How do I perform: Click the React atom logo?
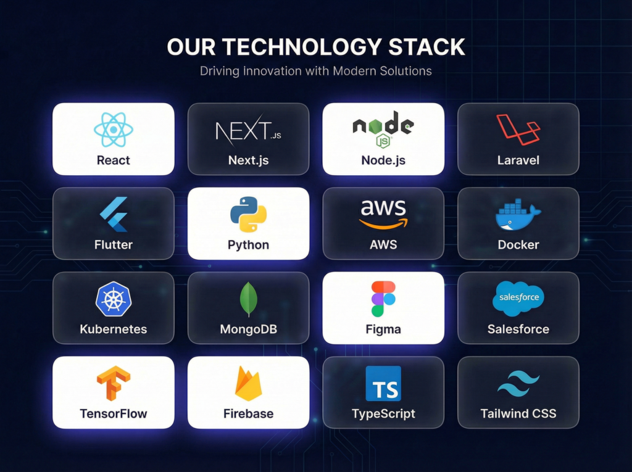coord(114,130)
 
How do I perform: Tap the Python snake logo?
coord(248,215)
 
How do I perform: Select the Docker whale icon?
coord(518,215)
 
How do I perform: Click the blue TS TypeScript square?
coord(383,383)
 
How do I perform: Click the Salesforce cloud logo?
coord(518,298)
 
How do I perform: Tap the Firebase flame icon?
coord(248,383)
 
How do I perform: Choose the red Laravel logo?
coord(518,130)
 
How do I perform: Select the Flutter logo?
coord(113,215)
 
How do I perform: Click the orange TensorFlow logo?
coord(114,383)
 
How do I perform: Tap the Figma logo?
coord(383,299)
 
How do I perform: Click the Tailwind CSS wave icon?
coord(518,384)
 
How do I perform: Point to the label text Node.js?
coord(383,160)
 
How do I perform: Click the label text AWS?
coord(383,245)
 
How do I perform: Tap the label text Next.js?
coord(248,160)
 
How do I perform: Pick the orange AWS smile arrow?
coord(383,223)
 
